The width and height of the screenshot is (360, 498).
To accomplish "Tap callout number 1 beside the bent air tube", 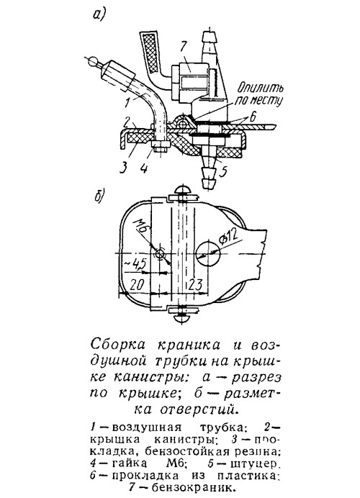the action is pyautogui.click(x=127, y=102).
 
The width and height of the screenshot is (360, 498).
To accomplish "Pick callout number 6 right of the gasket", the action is pyautogui.click(x=253, y=117).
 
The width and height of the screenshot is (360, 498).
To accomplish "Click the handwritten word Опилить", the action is pyautogui.click(x=261, y=87).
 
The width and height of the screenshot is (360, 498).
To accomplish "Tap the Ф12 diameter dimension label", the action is pyautogui.click(x=229, y=235).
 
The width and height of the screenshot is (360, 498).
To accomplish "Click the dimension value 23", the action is pyautogui.click(x=195, y=285).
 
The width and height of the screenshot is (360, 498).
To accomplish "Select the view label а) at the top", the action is pyautogui.click(x=99, y=14).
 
